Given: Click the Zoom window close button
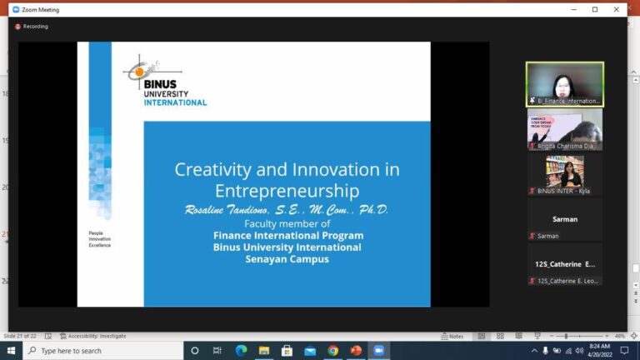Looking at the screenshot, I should click(617, 9).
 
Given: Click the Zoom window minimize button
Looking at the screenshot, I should click(572, 9).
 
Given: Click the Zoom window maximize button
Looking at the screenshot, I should click(595, 9).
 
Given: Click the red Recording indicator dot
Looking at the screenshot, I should click(17, 27).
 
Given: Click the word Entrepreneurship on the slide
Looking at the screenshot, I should click(287, 192).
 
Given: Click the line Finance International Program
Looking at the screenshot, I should click(287, 236).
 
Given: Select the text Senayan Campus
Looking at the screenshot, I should click(287, 259).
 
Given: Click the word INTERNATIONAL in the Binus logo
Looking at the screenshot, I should click(174, 102).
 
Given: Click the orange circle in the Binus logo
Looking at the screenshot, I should click(140, 72).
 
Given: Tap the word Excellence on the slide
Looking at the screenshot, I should click(100, 245).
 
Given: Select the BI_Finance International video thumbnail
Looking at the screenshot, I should click(564, 84).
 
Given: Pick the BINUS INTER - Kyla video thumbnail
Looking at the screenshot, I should click(564, 174).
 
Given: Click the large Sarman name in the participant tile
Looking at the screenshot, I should click(564, 219).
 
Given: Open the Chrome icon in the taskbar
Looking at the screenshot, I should click(332, 351).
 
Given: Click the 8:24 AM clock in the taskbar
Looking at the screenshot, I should click(598, 346).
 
